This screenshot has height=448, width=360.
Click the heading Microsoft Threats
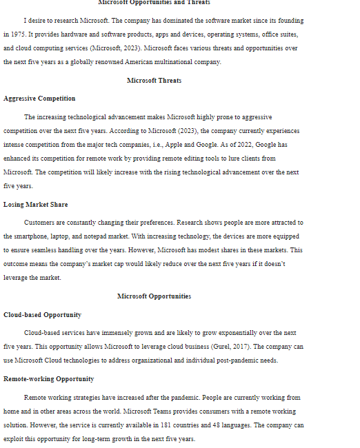154,81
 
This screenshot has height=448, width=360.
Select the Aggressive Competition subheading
39,99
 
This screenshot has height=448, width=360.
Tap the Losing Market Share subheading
35,205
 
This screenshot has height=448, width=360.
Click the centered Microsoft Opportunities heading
154,296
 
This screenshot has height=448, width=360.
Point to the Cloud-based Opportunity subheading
42,315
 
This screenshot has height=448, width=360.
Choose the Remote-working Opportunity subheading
48,379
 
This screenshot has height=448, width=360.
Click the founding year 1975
17,33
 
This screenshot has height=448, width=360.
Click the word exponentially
241,333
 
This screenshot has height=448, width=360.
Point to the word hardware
66,34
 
